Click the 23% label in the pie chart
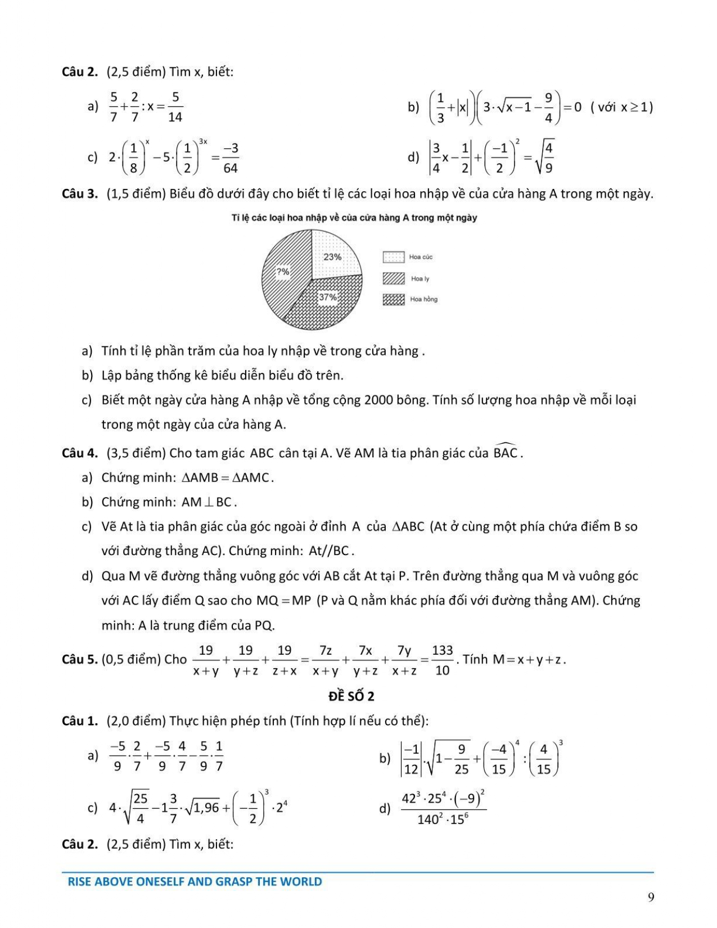[x=332, y=257]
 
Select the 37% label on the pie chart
[x=328, y=297]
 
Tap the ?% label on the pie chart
[x=283, y=272]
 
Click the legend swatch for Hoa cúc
[x=394, y=257]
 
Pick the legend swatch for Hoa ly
[x=394, y=278]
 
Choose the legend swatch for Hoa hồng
[x=394, y=299]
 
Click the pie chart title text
[x=354, y=218]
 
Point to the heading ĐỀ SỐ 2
[x=351, y=696]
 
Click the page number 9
[x=651, y=897]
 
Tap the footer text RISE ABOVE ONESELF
[x=195, y=881]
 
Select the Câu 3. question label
[x=80, y=194]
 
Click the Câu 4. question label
[x=80, y=453]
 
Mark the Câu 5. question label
[x=80, y=659]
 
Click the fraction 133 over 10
[x=443, y=660]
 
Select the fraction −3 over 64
[x=231, y=158]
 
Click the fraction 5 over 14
[x=175, y=107]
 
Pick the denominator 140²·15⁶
[x=443, y=819]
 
